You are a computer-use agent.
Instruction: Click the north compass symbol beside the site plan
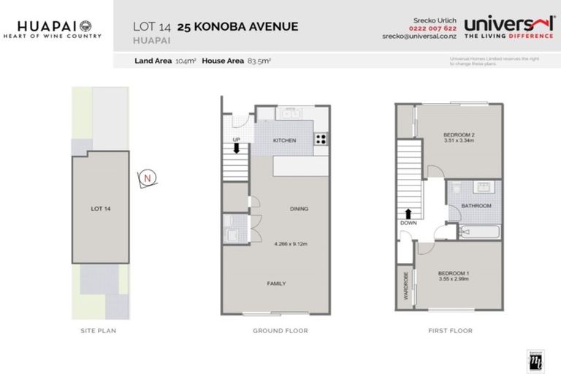[x=148, y=178]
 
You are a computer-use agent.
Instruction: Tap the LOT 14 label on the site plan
[x=101, y=209]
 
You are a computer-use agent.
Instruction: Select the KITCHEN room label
[x=284, y=140]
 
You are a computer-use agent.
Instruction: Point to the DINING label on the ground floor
[x=299, y=209]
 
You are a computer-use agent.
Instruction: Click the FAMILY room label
[x=276, y=283]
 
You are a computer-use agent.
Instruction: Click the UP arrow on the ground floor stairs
[x=237, y=148]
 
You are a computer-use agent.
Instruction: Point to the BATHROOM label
[x=476, y=206]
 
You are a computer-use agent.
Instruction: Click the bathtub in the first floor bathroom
[x=480, y=232]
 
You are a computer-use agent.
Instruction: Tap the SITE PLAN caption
[x=99, y=331]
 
